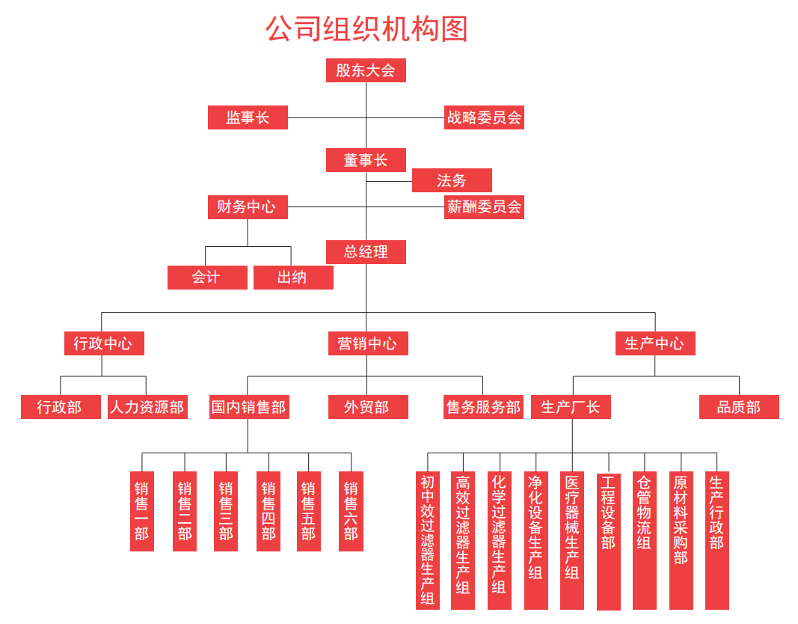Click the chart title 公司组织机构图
point(366,28)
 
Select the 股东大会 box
point(366,70)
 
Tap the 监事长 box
point(248,117)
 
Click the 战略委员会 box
point(484,117)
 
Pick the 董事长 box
point(366,160)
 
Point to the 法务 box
point(452,180)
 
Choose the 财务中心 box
point(248,207)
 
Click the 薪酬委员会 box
point(484,207)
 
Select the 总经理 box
point(366,252)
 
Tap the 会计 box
point(208,278)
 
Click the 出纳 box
point(294,278)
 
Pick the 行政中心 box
point(104,343)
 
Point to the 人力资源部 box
point(147,407)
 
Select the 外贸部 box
point(369,407)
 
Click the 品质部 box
point(740,407)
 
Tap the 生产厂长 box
point(571,407)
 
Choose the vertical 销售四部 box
point(268,512)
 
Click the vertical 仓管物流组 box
point(645,540)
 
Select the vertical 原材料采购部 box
point(681,540)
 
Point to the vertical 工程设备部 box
point(609,542)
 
